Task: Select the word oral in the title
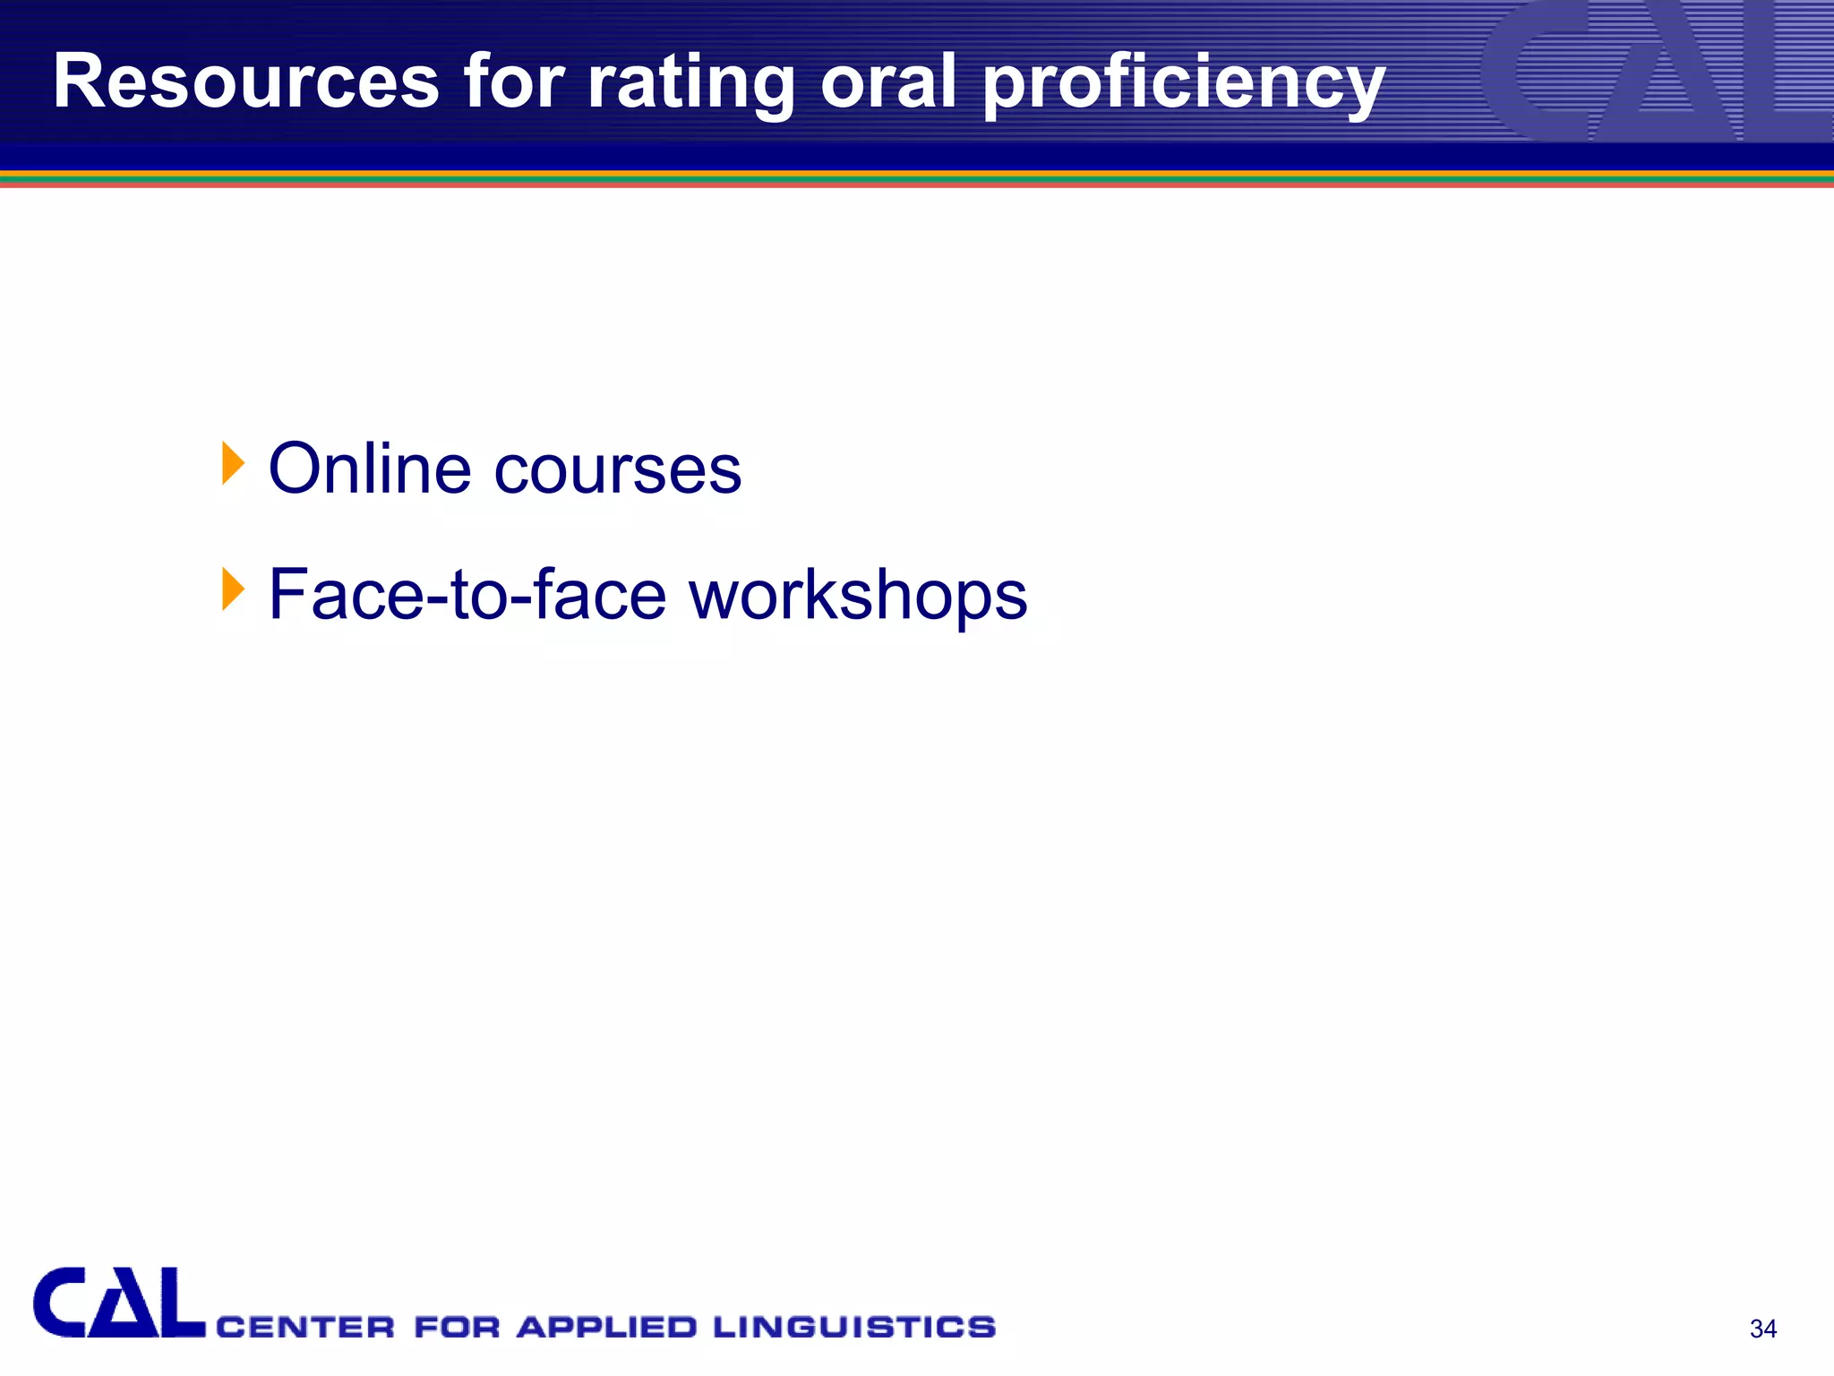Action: [x=888, y=82]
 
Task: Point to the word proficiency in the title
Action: [x=1184, y=85]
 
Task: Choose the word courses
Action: [x=618, y=470]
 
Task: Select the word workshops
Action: [x=858, y=597]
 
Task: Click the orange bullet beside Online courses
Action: [x=232, y=464]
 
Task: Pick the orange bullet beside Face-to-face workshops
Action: [x=232, y=589]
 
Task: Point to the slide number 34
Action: [x=1762, y=1329]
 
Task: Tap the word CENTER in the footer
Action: [x=305, y=1327]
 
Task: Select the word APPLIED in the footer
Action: [x=606, y=1327]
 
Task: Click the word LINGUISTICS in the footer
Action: [x=854, y=1327]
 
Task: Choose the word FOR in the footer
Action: [x=457, y=1327]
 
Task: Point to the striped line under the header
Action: [x=917, y=179]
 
